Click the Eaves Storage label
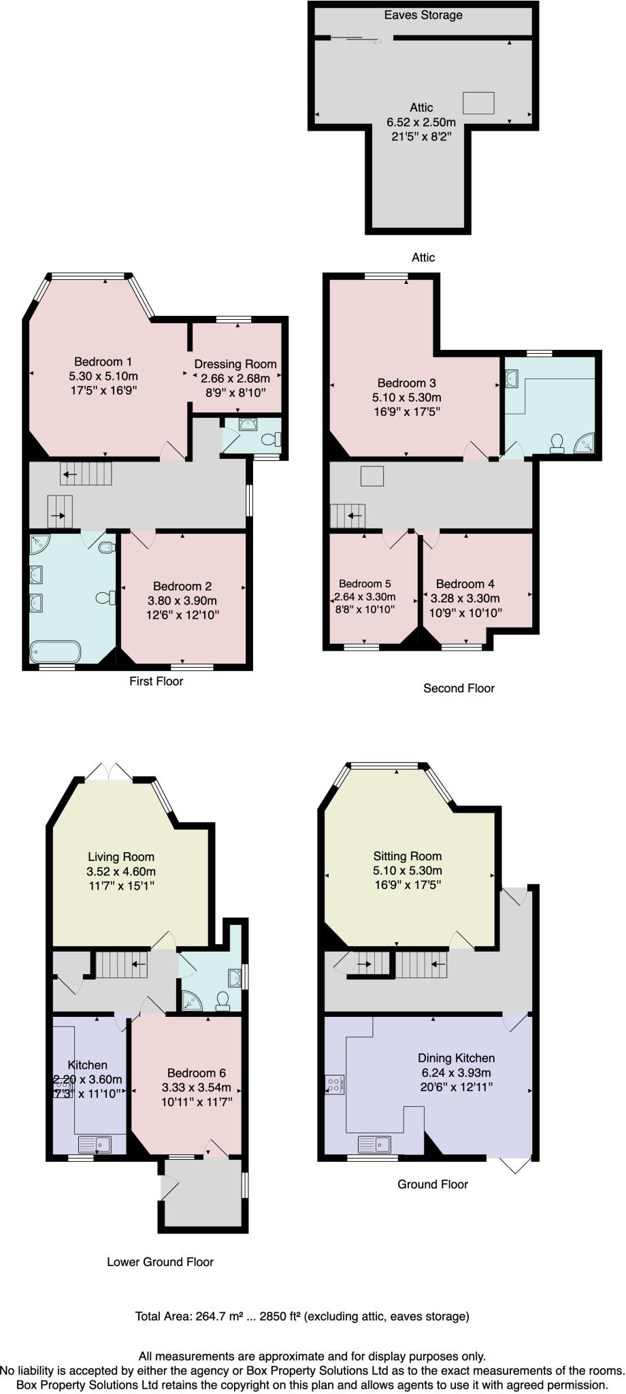coord(423,15)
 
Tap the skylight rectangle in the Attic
coord(479,103)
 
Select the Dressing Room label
coord(235,364)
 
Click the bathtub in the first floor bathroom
coord(56,651)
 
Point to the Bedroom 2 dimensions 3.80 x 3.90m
coord(182,601)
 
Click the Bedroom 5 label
coord(365,584)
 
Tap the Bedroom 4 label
coord(465,584)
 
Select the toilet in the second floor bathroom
coord(557,444)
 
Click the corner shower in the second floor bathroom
coord(585,444)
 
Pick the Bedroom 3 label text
coord(407,383)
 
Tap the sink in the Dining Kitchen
coord(374,1144)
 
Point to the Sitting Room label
coord(408,856)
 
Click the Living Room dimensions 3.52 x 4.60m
coord(121,872)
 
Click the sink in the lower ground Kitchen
coord(95,1144)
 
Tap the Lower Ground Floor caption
coord(161,1262)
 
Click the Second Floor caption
coord(459,688)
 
